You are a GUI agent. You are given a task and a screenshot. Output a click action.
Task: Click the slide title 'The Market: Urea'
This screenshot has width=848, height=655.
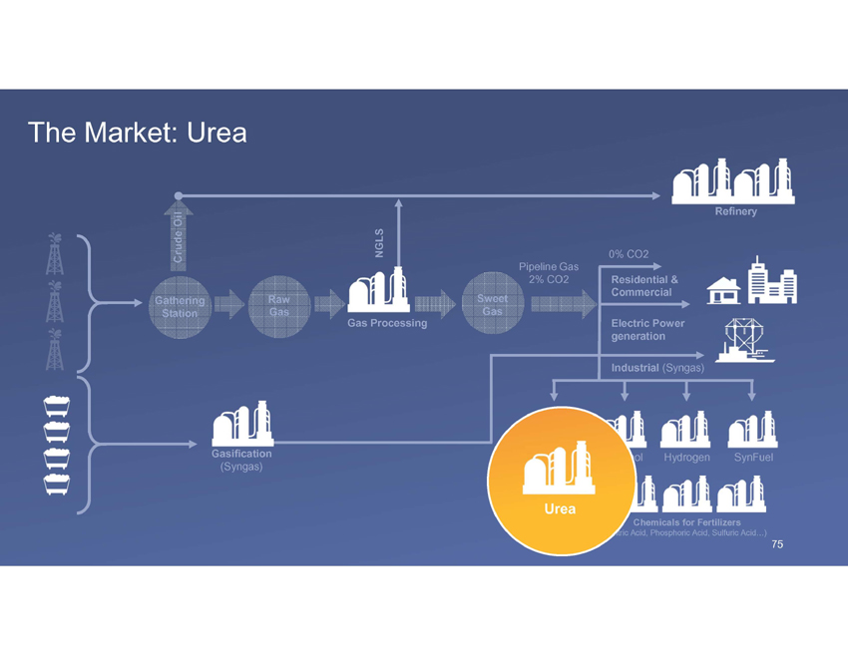click(138, 132)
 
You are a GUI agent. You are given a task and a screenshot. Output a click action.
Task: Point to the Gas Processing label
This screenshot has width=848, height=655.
click(387, 323)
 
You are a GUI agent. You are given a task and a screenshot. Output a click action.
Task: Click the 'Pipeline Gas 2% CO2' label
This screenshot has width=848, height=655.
click(548, 273)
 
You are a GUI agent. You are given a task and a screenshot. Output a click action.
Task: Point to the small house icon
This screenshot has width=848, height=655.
click(722, 290)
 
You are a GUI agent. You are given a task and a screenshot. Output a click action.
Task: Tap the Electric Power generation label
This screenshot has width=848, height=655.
click(646, 330)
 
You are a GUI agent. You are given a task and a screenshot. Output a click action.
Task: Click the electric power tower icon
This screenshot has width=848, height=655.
click(740, 339)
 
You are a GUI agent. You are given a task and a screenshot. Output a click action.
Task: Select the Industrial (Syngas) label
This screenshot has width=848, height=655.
click(657, 368)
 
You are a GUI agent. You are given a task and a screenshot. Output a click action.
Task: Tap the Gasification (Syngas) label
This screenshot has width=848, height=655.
click(241, 460)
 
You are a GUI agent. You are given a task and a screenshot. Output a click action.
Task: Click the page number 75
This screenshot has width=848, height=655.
click(777, 545)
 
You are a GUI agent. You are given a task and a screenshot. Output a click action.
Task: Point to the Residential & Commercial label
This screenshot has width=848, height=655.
click(644, 285)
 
